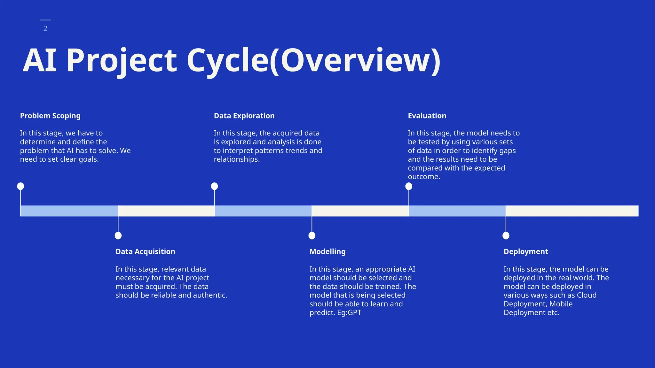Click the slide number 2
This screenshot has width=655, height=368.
[45, 28]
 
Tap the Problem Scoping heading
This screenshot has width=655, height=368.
[50, 116]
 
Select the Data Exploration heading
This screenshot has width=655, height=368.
[244, 116]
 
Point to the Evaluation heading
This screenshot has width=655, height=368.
[427, 116]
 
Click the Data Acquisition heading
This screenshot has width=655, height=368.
[145, 251]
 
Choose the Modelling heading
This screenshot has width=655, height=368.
[327, 251]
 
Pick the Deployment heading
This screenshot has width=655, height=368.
[526, 251]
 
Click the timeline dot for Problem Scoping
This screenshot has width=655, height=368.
[20, 186]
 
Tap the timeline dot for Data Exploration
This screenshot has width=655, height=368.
[215, 186]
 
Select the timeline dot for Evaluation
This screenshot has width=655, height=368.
[409, 186]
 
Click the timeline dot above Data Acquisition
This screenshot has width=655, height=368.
[118, 236]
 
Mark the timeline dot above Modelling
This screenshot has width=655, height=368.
[312, 236]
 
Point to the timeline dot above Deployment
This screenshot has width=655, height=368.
[506, 236]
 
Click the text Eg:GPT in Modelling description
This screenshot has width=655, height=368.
[349, 313]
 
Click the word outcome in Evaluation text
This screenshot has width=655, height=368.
[423, 177]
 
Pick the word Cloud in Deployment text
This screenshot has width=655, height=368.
[587, 295]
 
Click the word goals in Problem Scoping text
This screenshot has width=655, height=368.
[88, 159]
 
